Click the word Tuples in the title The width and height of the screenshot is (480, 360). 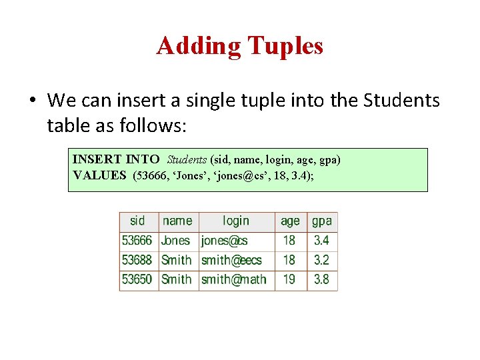tap(285, 47)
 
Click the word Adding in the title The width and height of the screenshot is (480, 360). tap(199, 47)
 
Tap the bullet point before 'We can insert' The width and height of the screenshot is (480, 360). tap(32, 101)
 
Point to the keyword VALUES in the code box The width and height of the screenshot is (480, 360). tap(99, 175)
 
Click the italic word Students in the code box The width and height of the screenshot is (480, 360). tap(187, 160)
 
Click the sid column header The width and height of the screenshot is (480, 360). tap(138, 221)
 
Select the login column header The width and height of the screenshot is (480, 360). tap(236, 221)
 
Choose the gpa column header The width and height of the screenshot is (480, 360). tap(321, 221)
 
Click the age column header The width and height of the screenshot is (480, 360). tap(290, 221)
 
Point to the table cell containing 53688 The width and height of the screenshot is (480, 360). tap(137, 260)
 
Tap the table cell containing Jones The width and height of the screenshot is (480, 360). tap(176, 241)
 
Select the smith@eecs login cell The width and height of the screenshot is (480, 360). tap(232, 260)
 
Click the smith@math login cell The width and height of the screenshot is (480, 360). tap(234, 279)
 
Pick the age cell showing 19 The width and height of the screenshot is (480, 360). tap(289, 279)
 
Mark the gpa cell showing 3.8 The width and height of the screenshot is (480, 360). tap(321, 279)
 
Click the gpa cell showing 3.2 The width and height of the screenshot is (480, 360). tap(321, 260)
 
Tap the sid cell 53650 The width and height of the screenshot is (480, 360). tap(137, 279)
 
